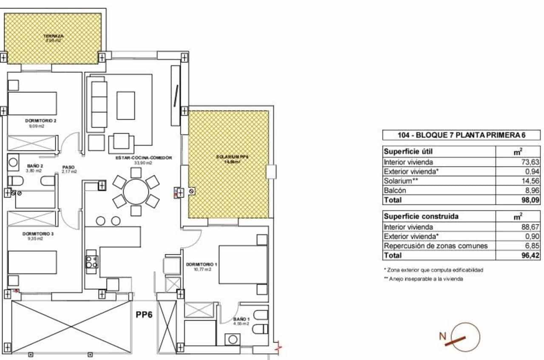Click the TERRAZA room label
[x=53, y=36]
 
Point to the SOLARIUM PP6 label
[x=228, y=157]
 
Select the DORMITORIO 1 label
[x=201, y=264]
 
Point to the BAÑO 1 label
[x=241, y=319]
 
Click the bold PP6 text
[x=144, y=315]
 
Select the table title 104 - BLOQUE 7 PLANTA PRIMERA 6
[x=461, y=136]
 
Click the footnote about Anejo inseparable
[x=423, y=279]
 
